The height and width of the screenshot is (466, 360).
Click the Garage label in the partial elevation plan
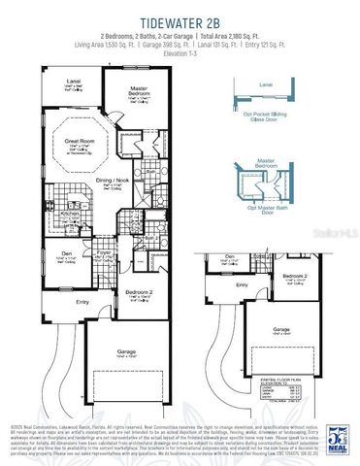(280, 329)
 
